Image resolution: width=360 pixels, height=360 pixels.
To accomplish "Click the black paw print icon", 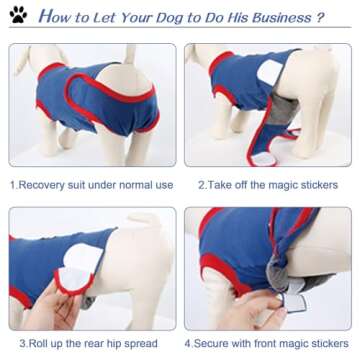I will tap(18, 16).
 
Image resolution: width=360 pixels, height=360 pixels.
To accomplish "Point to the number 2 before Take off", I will tap(200, 185).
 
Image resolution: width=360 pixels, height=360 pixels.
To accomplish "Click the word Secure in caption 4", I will tap(217, 343).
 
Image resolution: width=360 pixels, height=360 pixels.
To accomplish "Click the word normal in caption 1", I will tap(130, 185).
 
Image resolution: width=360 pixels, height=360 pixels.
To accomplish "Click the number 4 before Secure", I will tap(188, 343).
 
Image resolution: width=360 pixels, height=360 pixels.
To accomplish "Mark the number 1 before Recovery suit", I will tap(12, 185).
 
